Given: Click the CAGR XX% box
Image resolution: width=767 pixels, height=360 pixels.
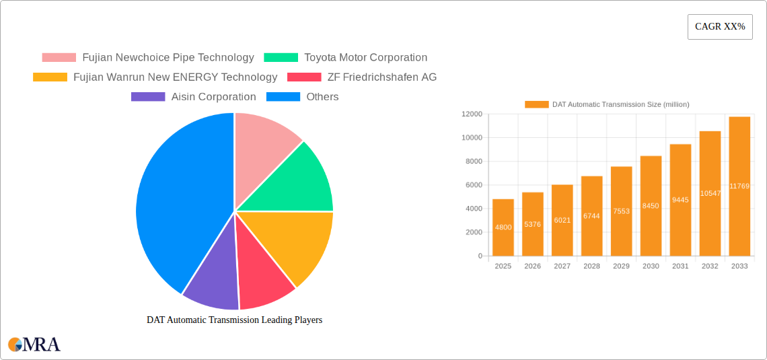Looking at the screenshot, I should tap(720, 27).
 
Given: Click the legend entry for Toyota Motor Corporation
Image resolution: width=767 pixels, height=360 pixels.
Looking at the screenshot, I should tap(365, 58).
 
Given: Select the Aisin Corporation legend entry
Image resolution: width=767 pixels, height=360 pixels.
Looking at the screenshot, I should tap(213, 97).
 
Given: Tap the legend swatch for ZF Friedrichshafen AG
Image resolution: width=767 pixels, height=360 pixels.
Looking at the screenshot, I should tap(303, 77).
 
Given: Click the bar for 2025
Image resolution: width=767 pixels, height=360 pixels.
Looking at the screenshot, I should tap(503, 227).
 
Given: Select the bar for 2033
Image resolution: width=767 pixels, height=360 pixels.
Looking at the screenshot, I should tap(739, 186).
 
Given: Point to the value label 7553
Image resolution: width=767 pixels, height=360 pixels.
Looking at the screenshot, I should tap(621, 211).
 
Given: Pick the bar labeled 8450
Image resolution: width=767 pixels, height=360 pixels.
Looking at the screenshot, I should tap(651, 206).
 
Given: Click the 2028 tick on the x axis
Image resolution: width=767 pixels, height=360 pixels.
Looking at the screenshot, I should tap(591, 266).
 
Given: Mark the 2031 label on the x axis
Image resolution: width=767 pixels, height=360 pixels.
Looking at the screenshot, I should tap(680, 266).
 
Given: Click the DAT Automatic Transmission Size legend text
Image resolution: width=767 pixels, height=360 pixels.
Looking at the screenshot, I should tap(620, 104).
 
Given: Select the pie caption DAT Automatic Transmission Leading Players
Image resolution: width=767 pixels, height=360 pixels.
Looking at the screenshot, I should tap(234, 320).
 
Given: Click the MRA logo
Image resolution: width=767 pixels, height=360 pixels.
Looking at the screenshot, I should tap(34, 345).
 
